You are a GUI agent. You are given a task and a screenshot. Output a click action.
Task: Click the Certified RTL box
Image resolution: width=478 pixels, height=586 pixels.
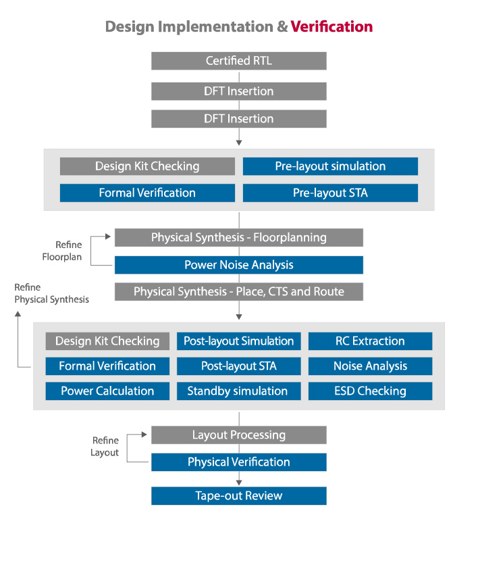tap(238, 61)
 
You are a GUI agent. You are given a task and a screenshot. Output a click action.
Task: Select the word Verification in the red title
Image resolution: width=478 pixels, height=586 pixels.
tap(331, 26)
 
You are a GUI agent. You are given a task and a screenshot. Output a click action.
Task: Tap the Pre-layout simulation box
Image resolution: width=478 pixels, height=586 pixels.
tap(330, 166)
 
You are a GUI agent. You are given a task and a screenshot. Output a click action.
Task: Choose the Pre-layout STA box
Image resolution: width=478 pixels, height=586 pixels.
tap(330, 193)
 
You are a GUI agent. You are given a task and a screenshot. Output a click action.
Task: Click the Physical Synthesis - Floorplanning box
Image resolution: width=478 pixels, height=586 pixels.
tap(238, 237)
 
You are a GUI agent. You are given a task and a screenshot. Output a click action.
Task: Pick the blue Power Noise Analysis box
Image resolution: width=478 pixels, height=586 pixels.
tap(238, 264)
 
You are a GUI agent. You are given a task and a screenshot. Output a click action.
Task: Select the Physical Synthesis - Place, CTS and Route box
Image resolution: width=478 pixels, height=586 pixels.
tap(238, 291)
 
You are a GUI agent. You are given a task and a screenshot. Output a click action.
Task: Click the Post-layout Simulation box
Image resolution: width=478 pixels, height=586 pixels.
tap(238, 341)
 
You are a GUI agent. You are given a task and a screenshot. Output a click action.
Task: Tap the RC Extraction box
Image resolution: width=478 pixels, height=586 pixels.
tap(370, 341)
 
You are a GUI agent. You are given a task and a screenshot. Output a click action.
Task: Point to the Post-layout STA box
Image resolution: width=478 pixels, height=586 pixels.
tap(238, 366)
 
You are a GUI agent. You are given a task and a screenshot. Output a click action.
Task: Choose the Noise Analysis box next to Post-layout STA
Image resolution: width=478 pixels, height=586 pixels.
tap(370, 366)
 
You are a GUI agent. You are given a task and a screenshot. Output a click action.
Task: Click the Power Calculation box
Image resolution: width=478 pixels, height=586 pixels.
tap(107, 391)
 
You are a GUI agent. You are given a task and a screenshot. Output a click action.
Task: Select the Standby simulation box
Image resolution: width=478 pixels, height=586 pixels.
tap(238, 391)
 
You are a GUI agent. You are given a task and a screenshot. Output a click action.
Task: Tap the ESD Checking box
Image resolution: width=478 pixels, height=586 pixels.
tap(370, 391)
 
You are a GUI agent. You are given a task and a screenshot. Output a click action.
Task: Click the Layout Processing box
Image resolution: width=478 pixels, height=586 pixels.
tap(238, 435)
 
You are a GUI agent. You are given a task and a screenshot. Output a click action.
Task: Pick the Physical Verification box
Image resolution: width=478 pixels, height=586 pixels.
tap(238, 462)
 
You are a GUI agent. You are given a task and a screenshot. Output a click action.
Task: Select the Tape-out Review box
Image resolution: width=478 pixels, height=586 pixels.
tap(238, 495)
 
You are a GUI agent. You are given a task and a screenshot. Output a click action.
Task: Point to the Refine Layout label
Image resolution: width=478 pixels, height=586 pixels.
tap(105, 447)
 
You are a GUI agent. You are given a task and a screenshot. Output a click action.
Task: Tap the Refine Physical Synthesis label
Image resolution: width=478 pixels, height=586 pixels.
tap(51, 293)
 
